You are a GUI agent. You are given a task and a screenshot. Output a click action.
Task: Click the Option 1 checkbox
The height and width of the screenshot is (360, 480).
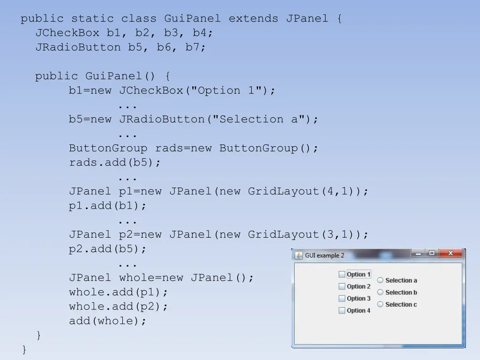tap(342, 275)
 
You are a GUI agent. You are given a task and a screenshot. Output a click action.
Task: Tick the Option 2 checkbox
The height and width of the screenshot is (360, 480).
tap(342, 286)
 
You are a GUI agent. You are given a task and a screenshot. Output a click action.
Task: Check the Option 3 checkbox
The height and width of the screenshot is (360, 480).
tap(342, 299)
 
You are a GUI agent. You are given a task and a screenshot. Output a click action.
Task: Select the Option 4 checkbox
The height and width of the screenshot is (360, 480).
tap(342, 310)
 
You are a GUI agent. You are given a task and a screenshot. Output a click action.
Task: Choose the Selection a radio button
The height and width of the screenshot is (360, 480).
tap(381, 280)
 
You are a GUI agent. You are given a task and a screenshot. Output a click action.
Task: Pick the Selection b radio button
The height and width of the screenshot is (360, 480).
tap(381, 292)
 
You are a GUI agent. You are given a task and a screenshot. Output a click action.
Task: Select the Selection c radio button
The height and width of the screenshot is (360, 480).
tap(381, 304)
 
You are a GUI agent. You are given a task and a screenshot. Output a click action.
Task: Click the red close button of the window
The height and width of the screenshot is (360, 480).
tap(451, 254)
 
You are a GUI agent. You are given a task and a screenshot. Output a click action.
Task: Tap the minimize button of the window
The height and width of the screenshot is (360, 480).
tap(418, 254)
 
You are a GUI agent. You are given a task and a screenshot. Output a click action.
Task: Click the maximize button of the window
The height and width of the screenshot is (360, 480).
tap(432, 254)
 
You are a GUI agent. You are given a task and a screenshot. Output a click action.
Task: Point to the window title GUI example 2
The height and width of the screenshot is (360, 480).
tap(324, 255)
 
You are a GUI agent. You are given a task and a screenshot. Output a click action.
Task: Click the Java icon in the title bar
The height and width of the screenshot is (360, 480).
tap(299, 255)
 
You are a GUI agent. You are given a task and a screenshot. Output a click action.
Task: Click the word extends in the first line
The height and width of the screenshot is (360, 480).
tap(253, 19)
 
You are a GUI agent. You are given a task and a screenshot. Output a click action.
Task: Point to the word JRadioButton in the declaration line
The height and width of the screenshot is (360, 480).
tap(78, 47)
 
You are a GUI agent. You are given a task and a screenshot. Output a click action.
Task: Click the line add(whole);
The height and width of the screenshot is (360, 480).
tap(108, 321)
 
